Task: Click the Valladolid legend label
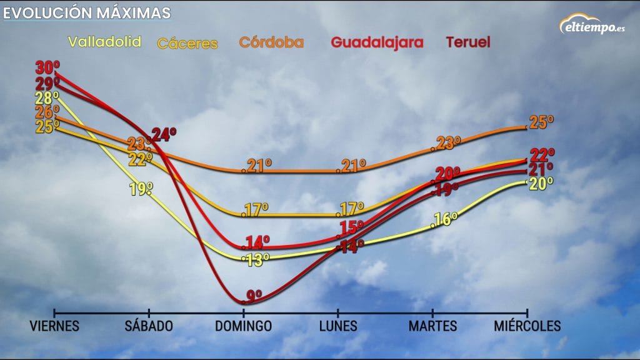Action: click(104, 42)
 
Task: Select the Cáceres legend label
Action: click(187, 44)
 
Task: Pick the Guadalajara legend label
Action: click(377, 42)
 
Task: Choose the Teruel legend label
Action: click(467, 42)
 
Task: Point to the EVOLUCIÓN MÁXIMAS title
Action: click(86, 12)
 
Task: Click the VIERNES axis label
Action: click(55, 326)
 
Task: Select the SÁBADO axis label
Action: click(149, 326)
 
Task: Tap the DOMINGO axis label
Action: click(244, 326)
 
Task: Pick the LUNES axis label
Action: click(338, 326)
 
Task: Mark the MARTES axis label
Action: click(432, 326)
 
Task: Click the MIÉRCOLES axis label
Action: click(527, 326)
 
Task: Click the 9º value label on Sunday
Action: click(254, 294)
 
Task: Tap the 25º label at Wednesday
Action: click(542, 122)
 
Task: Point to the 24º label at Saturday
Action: click(164, 134)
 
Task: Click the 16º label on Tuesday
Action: click(446, 219)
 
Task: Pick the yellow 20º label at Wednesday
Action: click(542, 183)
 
